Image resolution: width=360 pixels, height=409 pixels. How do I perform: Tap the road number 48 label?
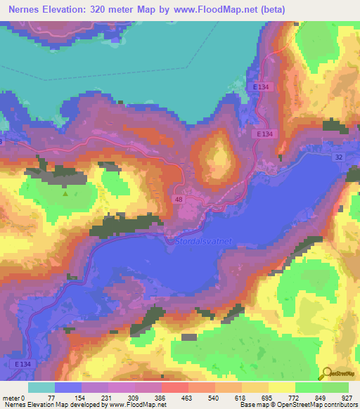click(x=179, y=200)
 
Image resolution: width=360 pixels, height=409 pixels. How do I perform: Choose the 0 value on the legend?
click(x=23, y=397)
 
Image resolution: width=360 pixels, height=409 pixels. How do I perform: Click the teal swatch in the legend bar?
click(x=41, y=387)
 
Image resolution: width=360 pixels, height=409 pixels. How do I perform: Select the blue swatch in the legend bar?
click(x=68, y=387)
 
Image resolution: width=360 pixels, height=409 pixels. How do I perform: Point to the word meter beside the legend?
click(x=11, y=397)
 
